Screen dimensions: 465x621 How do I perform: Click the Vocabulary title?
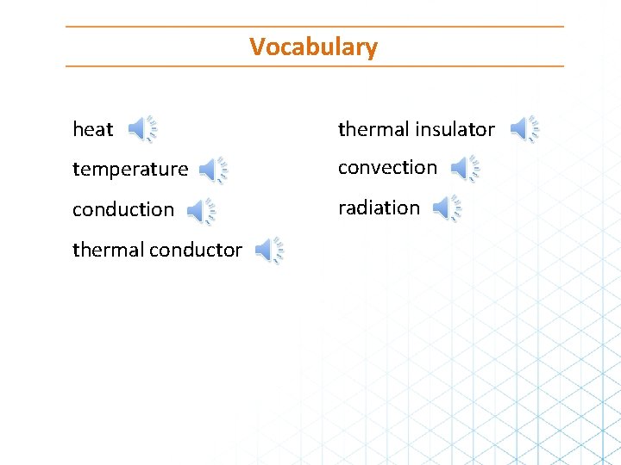pos(313,46)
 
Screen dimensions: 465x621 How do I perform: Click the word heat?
pos(92,130)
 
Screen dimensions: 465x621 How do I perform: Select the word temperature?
pos(130,170)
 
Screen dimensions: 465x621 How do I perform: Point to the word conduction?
pos(123,210)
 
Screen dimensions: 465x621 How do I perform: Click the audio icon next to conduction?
pos(200,210)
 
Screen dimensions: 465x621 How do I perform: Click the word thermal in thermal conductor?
pos(108,250)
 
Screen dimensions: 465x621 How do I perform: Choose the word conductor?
pos(196,250)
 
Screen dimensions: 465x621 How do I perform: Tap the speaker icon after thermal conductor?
pos(268,251)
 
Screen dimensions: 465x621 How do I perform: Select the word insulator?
pos(454,130)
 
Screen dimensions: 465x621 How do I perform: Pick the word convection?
pos(387,168)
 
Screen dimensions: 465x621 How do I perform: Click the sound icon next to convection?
pos(465,169)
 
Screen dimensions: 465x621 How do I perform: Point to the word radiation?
pos(379,208)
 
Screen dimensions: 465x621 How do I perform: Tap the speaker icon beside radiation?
pos(446,208)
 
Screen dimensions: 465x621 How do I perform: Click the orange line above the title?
pos(314,27)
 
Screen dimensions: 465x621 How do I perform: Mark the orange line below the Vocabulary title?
pos(314,66)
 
